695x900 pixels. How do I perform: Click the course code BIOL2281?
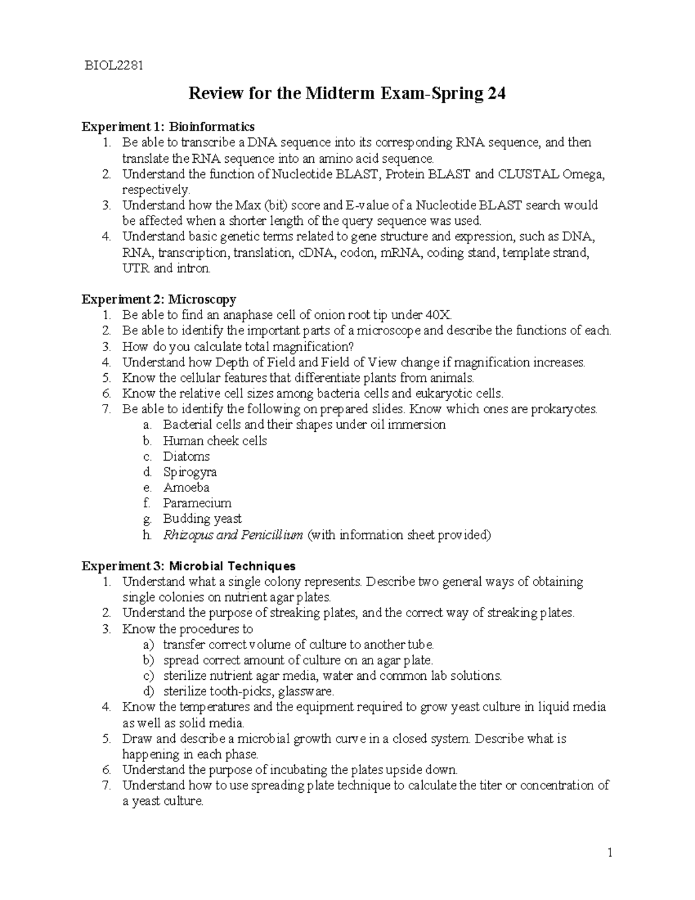click(x=112, y=65)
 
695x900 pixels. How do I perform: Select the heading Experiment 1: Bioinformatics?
click(x=168, y=126)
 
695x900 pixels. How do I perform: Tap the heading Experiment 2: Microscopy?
click(x=159, y=300)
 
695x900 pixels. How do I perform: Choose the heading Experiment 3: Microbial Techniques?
click(x=188, y=566)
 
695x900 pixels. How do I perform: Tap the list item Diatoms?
click(x=186, y=456)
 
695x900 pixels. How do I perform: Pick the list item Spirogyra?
click(x=189, y=472)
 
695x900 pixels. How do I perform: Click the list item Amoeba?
click(x=186, y=487)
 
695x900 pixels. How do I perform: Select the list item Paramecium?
click(x=197, y=503)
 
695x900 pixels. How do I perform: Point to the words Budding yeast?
click(x=202, y=519)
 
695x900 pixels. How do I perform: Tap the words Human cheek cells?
click(x=215, y=440)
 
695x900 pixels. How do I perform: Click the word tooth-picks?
click(x=244, y=691)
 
